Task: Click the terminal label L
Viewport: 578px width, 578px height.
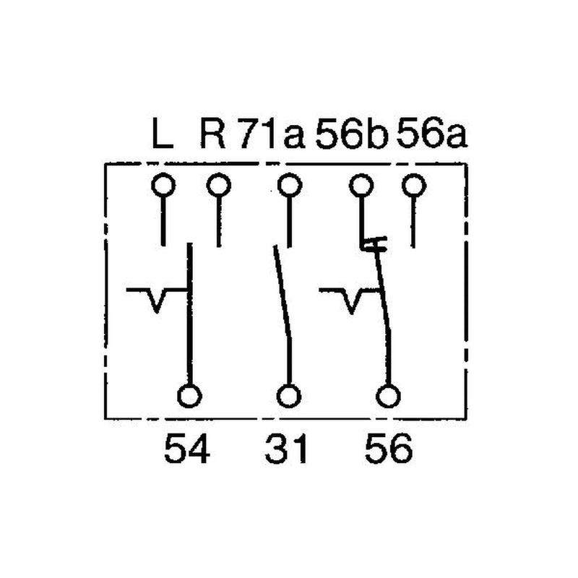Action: [162, 133]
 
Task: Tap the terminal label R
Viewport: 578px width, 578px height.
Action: [212, 133]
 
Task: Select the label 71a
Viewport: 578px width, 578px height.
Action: [273, 134]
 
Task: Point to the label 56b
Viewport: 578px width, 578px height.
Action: [352, 134]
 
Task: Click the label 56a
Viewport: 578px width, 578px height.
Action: [431, 133]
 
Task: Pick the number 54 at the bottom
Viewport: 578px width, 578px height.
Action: [187, 449]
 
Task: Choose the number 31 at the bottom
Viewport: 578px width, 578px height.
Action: [286, 449]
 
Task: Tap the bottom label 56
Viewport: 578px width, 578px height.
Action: [389, 449]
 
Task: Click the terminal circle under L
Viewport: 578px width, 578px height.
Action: [163, 186]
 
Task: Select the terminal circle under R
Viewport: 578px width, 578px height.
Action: [219, 186]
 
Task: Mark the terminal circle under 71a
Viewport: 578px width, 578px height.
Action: [290, 186]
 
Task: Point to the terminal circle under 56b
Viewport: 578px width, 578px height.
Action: [361, 186]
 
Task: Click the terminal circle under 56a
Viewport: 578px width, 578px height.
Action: [414, 186]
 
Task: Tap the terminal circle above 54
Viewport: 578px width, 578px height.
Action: [189, 396]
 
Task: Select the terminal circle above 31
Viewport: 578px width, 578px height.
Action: [289, 396]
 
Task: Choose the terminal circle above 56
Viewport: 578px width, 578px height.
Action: [388, 396]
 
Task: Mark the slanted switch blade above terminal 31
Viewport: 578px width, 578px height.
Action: [282, 291]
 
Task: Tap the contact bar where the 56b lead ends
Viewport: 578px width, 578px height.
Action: [374, 244]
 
